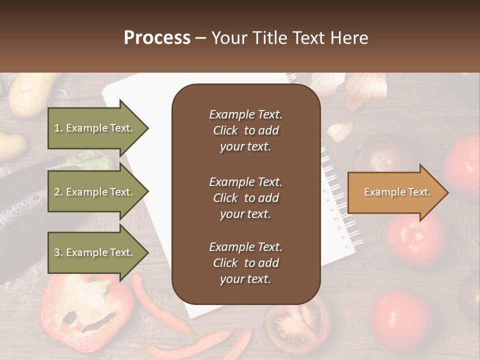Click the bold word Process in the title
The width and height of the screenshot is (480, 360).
tap(157, 38)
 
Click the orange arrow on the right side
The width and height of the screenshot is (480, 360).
tap(395, 192)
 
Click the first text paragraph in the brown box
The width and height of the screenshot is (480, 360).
tap(245, 130)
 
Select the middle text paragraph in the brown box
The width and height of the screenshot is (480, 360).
tap(245, 198)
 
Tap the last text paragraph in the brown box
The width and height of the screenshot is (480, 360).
tap(245, 263)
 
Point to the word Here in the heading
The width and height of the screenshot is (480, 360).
tap(350, 38)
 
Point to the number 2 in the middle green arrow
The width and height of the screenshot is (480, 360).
tap(57, 192)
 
